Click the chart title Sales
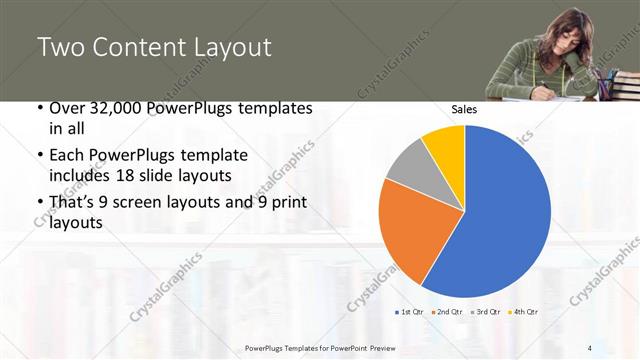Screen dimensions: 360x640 pyautogui.click(x=463, y=109)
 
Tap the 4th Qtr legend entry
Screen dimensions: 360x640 pyautogui.click(x=525, y=312)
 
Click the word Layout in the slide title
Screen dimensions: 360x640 pyautogui.click(x=225, y=47)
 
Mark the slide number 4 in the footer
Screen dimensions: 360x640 pyautogui.click(x=591, y=348)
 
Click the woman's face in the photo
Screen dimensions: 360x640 pyautogui.click(x=546, y=40)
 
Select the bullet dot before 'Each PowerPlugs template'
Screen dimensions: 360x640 pyautogui.click(x=40, y=156)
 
